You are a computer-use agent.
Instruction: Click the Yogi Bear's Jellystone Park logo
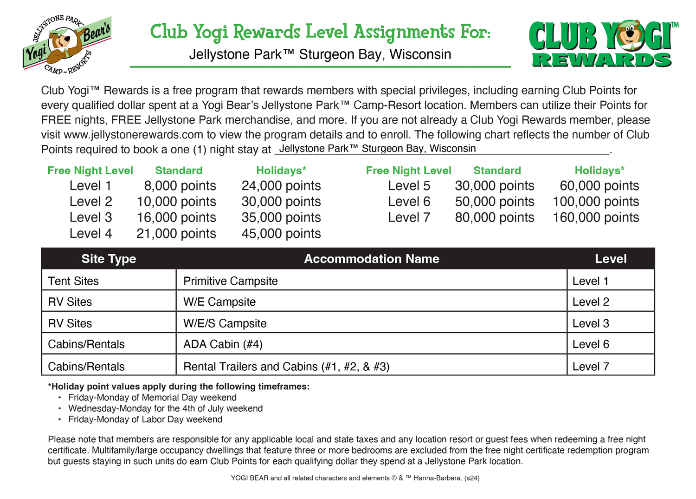[67, 45]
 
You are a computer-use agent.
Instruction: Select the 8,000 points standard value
[180, 186]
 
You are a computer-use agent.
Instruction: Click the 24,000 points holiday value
[281, 186]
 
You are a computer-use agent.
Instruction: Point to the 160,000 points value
[595, 217]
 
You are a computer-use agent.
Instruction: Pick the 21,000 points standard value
[176, 234]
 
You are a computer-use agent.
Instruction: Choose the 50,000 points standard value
[494, 202]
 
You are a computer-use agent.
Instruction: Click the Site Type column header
[109, 259]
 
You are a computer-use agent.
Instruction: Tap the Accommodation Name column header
[371, 259]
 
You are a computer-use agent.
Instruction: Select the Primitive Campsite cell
[231, 281]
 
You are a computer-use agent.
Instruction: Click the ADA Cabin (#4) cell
[223, 344]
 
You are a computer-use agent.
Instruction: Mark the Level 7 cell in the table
[590, 367]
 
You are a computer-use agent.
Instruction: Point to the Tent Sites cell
[73, 281]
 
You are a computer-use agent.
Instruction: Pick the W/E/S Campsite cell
[225, 323]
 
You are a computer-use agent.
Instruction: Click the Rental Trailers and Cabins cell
[286, 367]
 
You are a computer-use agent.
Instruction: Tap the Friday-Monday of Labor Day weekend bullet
[145, 420]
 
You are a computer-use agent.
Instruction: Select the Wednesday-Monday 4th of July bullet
[165, 408]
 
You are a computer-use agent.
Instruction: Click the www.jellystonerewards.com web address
[134, 135]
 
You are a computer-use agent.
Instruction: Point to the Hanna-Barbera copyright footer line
[355, 478]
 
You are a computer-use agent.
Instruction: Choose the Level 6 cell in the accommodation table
[590, 344]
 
